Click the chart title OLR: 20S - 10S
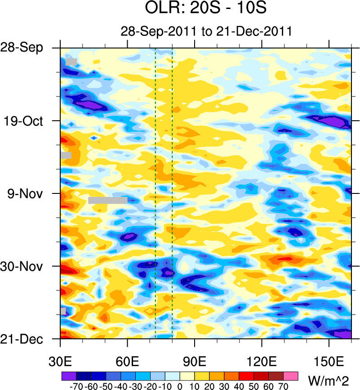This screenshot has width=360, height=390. [x=207, y=9]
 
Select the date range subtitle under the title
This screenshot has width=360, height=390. [x=207, y=31]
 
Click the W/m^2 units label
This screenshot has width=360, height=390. [x=329, y=381]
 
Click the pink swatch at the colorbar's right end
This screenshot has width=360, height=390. [x=291, y=374]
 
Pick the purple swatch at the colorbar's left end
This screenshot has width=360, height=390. [x=68, y=374]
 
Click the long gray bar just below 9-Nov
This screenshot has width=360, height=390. [x=108, y=200]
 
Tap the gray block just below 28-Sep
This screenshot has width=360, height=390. [x=71, y=61]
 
